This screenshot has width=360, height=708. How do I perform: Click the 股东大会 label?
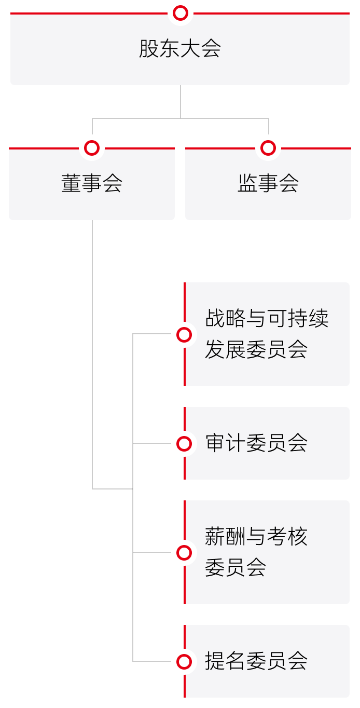(180, 49)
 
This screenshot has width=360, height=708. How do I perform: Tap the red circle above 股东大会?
(181, 13)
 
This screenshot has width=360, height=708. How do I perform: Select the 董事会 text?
(92, 183)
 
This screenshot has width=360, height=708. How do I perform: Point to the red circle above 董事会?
(92, 148)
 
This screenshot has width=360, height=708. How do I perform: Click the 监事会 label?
(268, 183)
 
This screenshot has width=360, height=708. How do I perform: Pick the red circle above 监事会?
(268, 148)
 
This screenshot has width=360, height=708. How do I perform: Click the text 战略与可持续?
(267, 319)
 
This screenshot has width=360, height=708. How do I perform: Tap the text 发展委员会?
(256, 350)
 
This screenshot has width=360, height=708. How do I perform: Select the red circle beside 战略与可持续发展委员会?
(184, 335)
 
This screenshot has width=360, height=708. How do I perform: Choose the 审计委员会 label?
(256, 443)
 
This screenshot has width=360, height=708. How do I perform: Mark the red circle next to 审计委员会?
(184, 443)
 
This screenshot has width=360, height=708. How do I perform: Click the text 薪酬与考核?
(256, 537)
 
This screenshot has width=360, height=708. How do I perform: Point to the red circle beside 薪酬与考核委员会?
(184, 553)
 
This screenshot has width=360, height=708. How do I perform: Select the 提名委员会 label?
(256, 661)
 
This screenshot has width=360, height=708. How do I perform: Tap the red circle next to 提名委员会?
(184, 661)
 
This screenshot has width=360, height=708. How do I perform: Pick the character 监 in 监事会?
(247, 183)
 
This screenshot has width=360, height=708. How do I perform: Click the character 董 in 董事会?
(71, 183)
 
